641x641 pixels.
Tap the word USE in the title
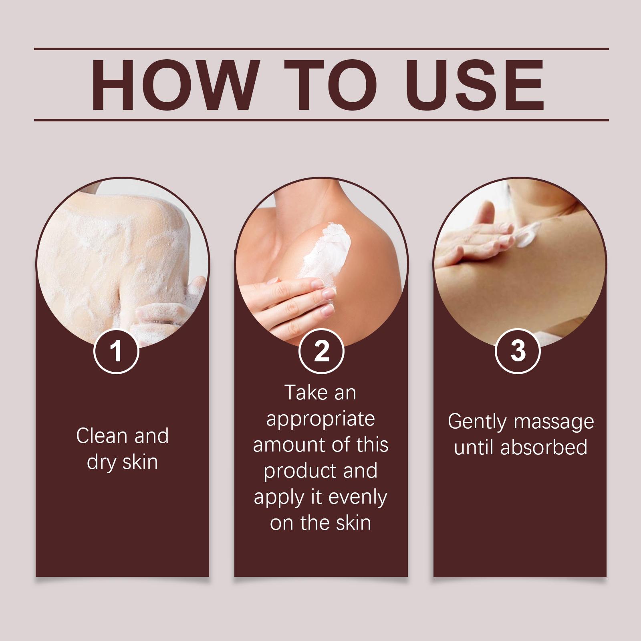point(476,85)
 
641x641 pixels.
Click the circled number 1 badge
point(116,351)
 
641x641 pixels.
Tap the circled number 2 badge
point(321,351)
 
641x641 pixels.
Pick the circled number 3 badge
point(518,351)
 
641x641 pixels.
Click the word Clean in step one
point(102,435)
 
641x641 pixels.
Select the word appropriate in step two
point(320,419)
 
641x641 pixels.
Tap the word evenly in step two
point(357,498)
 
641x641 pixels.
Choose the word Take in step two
point(304,393)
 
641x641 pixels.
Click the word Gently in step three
point(477,422)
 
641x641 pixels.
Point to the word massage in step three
point(554,422)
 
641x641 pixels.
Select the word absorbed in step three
point(544,447)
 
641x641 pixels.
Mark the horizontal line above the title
point(321,49)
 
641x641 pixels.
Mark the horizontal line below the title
point(321,120)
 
